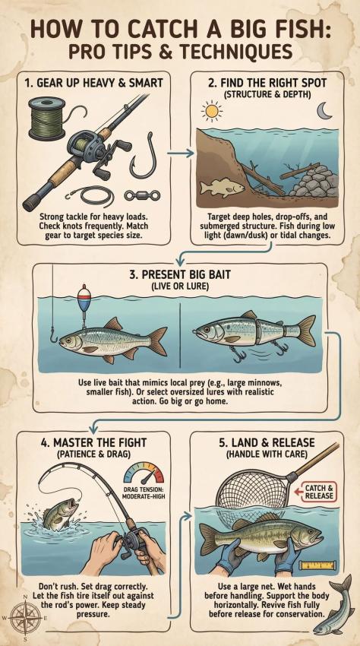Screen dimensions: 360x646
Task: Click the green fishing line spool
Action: tap(47, 119)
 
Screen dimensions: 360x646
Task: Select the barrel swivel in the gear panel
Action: tap(143, 195)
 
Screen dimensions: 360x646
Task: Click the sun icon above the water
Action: tap(212, 111)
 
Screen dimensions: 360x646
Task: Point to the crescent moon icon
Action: tap(324, 110)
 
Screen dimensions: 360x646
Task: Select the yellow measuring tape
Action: tap(317, 565)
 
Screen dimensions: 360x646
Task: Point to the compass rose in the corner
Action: tap(25, 617)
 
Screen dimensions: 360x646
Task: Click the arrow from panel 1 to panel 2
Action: tap(181, 153)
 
